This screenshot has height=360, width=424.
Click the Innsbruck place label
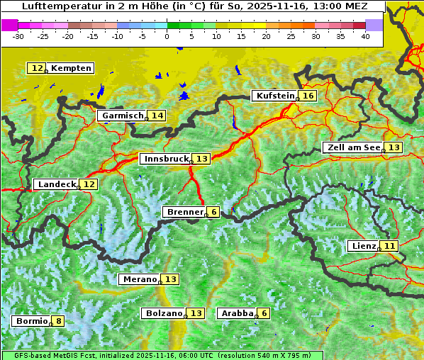[165, 159]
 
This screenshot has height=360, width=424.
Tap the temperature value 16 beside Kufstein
[307, 96]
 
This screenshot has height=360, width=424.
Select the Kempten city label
[71, 68]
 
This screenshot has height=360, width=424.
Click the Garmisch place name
[123, 116]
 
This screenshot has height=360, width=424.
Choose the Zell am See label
[352, 147]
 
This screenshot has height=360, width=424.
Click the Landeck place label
[57, 184]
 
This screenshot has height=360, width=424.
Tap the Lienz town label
[363, 246]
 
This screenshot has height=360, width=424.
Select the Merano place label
[139, 279]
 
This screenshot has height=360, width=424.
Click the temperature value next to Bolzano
[196, 313]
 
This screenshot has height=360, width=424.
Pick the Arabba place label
[237, 313]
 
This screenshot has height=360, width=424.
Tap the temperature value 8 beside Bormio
[58, 321]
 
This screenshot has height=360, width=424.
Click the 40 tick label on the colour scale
[365, 36]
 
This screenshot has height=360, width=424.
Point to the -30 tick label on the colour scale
[18, 36]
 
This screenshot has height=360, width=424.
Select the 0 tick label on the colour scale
[167, 36]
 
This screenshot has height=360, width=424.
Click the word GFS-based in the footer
[23, 355]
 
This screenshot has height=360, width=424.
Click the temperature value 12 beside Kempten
[37, 68]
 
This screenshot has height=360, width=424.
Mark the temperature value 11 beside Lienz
[389, 246]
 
